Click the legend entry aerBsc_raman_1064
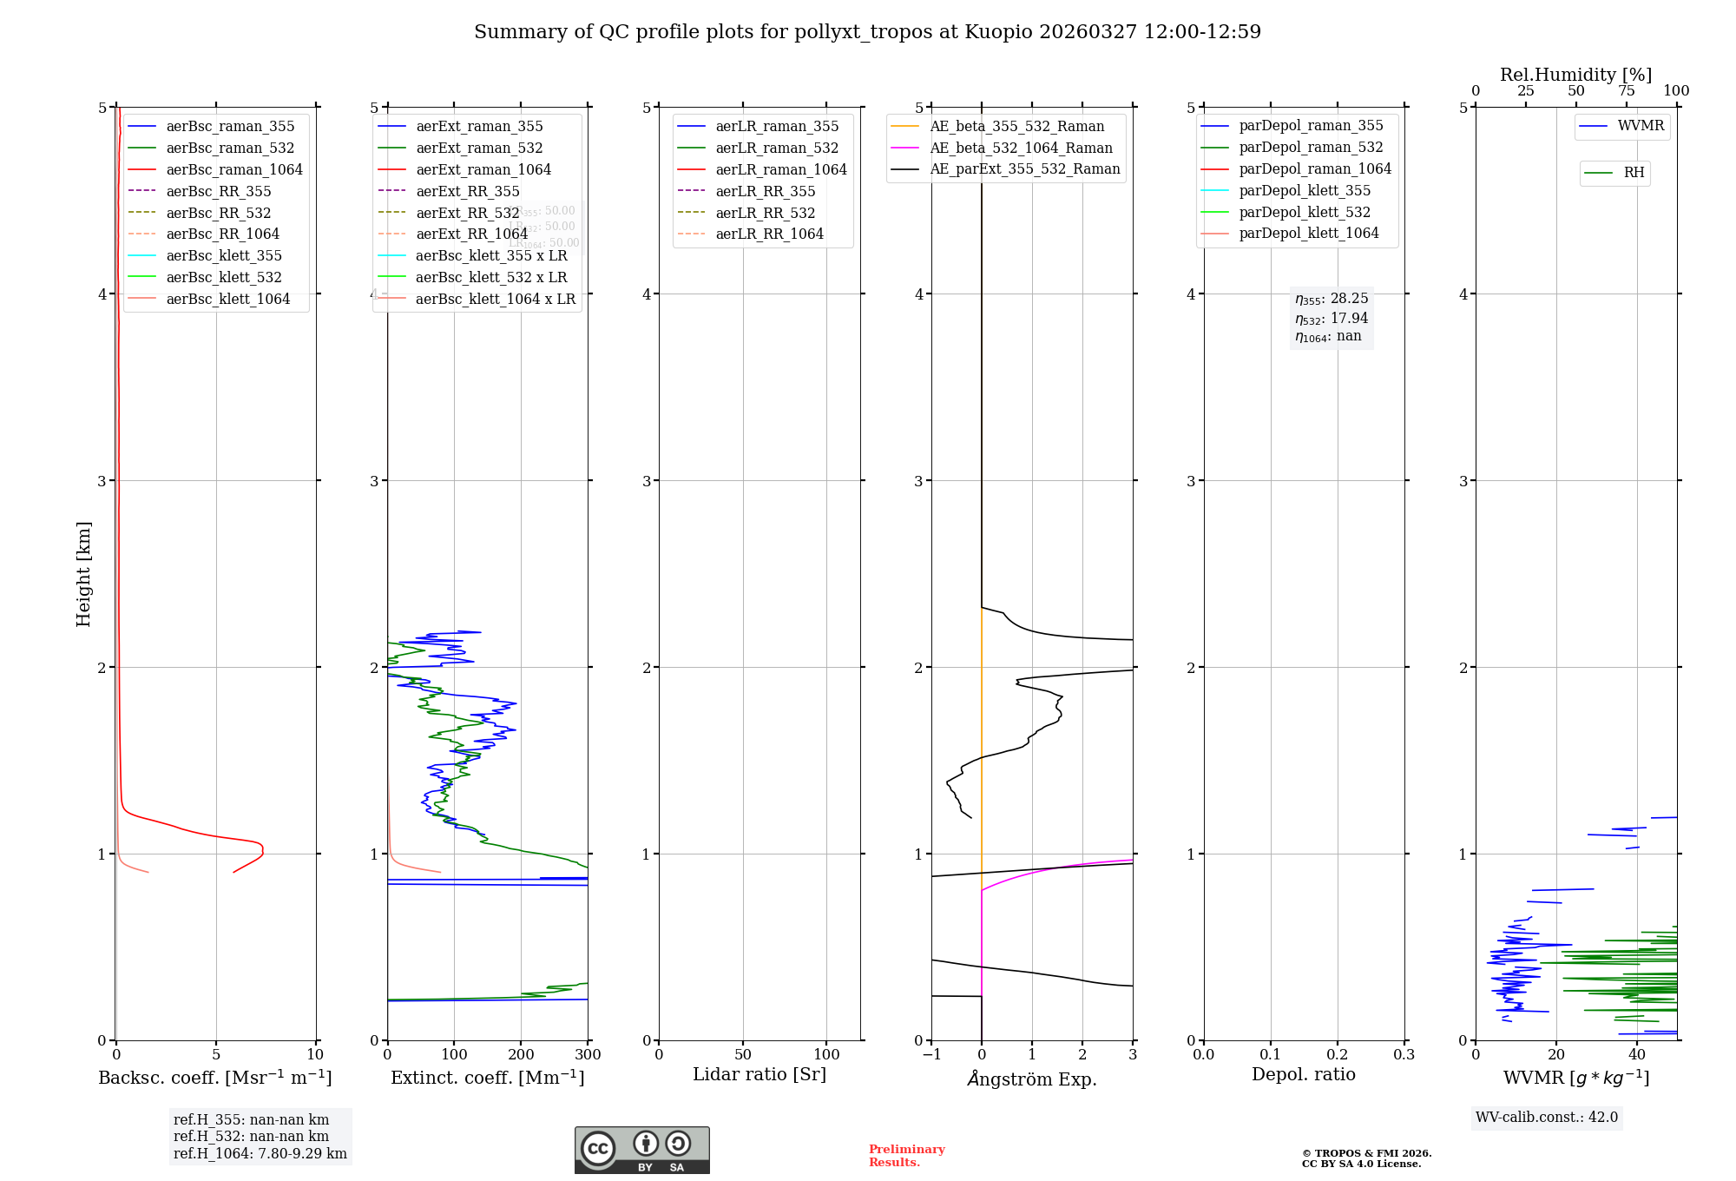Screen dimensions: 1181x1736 [x=234, y=170]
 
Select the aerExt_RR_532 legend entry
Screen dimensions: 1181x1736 [x=467, y=213]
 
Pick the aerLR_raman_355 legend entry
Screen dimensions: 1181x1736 [x=777, y=127]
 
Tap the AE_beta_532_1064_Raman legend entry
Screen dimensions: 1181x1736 [x=1021, y=148]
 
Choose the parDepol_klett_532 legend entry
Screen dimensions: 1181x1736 [x=1305, y=212]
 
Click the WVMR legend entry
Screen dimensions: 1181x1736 [x=1641, y=126]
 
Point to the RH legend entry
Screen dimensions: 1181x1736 [x=1634, y=173]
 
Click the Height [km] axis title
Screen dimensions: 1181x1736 [x=83, y=574]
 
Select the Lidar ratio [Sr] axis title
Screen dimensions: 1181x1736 [x=759, y=1074]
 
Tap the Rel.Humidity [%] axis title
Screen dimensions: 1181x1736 [x=1575, y=75]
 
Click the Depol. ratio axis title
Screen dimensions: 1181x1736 [x=1303, y=1074]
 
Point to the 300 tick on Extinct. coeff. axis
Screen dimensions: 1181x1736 [x=588, y=1055]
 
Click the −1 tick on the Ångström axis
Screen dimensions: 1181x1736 [x=931, y=1055]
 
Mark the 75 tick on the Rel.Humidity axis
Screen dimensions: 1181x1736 [x=1626, y=91]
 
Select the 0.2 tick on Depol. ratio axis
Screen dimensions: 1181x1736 [x=1338, y=1055]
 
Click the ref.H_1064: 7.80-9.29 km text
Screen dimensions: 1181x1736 [x=260, y=1154]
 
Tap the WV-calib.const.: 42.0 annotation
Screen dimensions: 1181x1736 [x=1547, y=1118]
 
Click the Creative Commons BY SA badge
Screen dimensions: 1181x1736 [x=641, y=1150]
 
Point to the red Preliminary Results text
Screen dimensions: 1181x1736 [x=906, y=1156]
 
